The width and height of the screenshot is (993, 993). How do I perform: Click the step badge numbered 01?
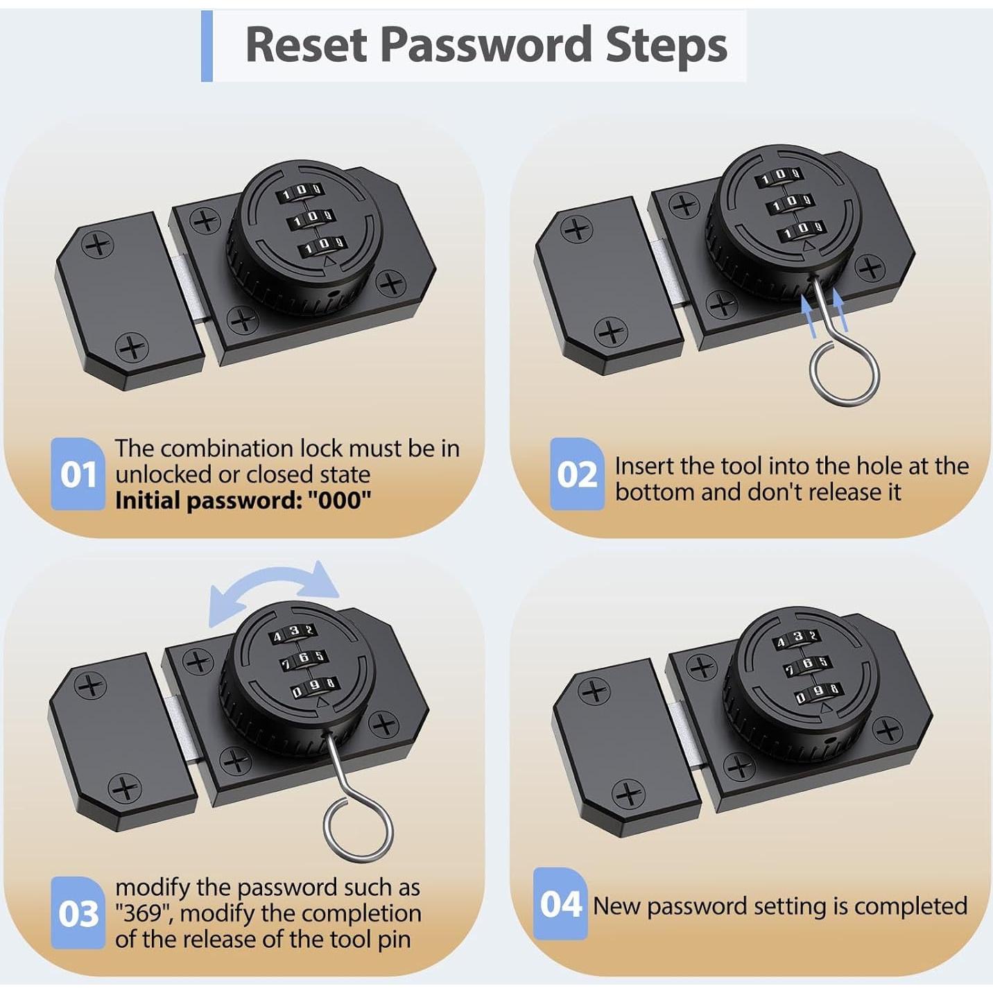78,474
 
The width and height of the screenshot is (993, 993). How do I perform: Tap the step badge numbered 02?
577,474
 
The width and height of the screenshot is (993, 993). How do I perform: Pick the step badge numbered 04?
561,904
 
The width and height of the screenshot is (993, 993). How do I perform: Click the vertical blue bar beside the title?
207,46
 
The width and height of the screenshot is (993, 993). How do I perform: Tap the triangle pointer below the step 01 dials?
328,262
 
